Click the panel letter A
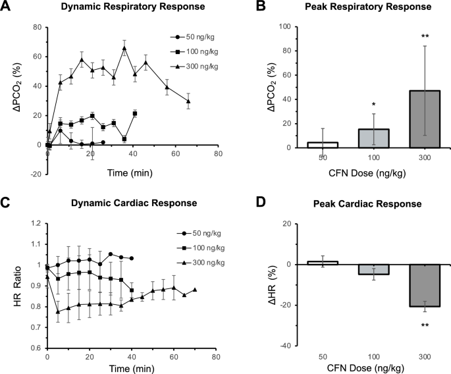tap(6, 8)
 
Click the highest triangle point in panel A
tap(124, 47)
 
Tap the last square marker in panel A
tap(135, 113)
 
